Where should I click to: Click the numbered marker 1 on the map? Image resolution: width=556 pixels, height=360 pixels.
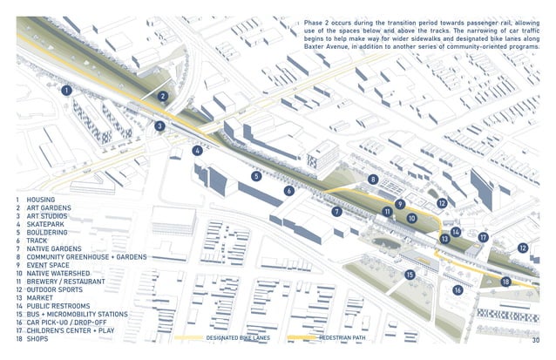pos(66,90)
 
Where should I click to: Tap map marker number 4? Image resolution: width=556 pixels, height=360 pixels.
pos(198,150)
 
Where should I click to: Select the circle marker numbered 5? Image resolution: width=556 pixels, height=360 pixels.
pos(256,176)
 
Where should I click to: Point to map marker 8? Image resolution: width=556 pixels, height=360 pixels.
pos(373,180)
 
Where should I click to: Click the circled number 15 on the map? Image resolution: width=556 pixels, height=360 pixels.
pos(410,275)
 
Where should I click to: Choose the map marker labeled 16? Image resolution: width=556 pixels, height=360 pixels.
pos(457,290)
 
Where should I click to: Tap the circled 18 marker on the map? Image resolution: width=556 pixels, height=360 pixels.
pos(505,282)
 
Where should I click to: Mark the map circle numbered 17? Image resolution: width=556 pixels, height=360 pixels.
pos(483,237)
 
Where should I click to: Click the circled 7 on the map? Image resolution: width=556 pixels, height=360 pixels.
pos(336,212)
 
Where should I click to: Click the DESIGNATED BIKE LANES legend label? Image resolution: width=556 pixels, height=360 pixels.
pos(237,337)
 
